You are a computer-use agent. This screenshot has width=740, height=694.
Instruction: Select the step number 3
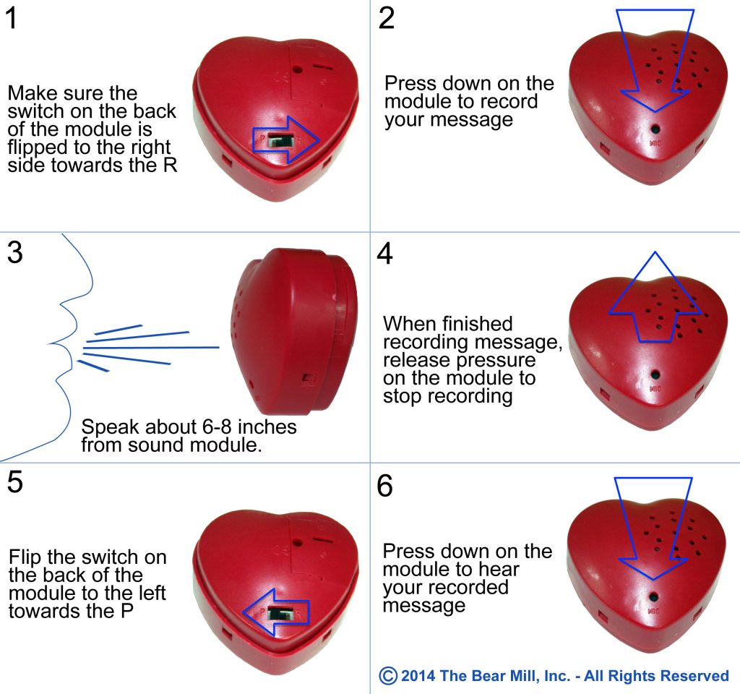(14, 254)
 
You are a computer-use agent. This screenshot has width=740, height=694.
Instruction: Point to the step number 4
(386, 254)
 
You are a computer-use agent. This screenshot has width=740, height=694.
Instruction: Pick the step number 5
(14, 484)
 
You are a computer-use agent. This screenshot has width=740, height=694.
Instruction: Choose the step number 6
(386, 487)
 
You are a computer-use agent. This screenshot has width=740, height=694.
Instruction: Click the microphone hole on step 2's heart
(655, 129)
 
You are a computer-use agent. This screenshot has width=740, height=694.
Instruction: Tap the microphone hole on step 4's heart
(655, 375)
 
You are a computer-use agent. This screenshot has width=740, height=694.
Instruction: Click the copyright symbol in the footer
(388, 675)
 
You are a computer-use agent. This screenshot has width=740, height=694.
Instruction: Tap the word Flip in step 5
(25, 558)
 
